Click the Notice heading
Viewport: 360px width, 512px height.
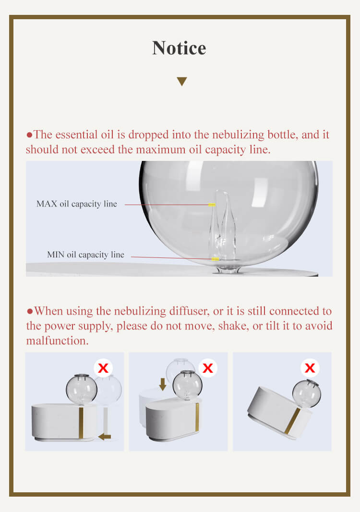click(x=179, y=48)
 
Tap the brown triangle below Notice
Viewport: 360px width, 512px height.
click(x=182, y=81)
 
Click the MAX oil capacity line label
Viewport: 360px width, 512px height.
click(x=77, y=204)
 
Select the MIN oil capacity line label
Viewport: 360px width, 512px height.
click(x=85, y=255)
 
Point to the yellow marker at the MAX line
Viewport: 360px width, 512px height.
click(x=212, y=205)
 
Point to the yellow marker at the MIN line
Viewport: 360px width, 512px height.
click(x=216, y=259)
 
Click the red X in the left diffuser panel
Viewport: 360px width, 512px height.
click(x=103, y=368)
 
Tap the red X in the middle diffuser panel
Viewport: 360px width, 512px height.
click(x=207, y=368)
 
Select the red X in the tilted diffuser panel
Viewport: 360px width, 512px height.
click(x=310, y=368)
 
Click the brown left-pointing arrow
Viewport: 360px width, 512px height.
click(x=105, y=437)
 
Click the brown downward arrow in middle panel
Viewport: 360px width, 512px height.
click(x=163, y=384)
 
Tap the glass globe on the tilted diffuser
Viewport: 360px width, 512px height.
click(x=307, y=393)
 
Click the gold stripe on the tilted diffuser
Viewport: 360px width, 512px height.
click(x=292, y=421)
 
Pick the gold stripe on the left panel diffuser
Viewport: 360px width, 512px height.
click(x=81, y=423)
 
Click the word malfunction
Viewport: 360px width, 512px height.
click(x=57, y=341)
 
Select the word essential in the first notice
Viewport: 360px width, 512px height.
click(x=75, y=134)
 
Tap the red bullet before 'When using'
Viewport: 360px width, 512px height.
click(x=30, y=311)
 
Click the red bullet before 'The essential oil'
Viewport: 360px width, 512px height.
click(x=29, y=134)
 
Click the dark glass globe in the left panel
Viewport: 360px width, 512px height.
click(x=82, y=389)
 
